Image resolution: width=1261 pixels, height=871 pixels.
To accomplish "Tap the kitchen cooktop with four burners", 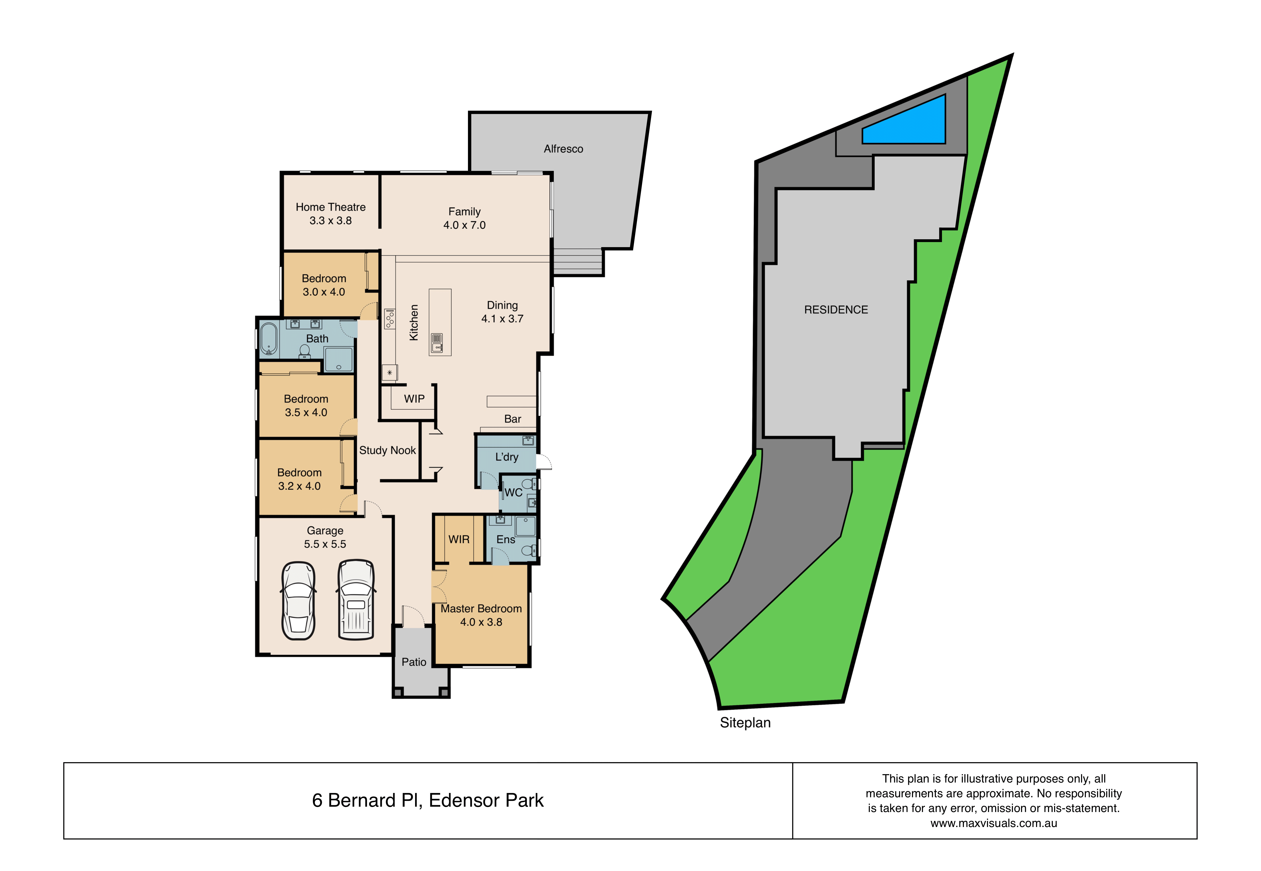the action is coord(390,319).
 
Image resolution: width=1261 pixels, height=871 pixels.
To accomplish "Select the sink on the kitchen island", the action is coord(437,343).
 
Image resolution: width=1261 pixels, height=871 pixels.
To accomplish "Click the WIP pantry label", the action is coord(414,399).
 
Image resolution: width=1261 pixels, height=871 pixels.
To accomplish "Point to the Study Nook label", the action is coord(387,450).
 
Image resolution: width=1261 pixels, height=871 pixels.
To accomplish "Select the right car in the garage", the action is coord(356,599).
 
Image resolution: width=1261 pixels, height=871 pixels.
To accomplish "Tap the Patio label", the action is coord(414,662).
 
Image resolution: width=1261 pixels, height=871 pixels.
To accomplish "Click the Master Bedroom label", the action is coord(481,608).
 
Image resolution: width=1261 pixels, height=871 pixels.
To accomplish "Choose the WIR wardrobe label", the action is coord(459,539).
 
